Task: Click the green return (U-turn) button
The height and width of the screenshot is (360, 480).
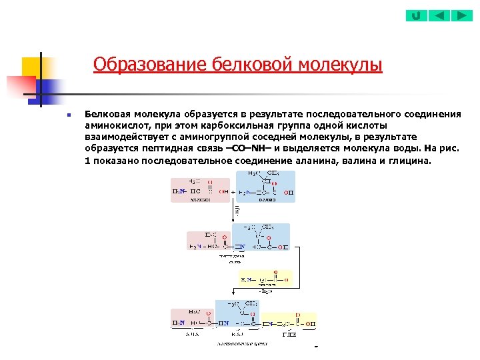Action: (x=416, y=15)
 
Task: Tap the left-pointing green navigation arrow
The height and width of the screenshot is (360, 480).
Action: (x=439, y=15)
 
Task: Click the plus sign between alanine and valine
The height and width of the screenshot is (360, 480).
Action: (x=233, y=191)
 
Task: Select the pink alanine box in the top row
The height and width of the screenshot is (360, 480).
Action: (x=200, y=189)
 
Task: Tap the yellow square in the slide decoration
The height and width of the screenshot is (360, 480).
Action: (x=31, y=67)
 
